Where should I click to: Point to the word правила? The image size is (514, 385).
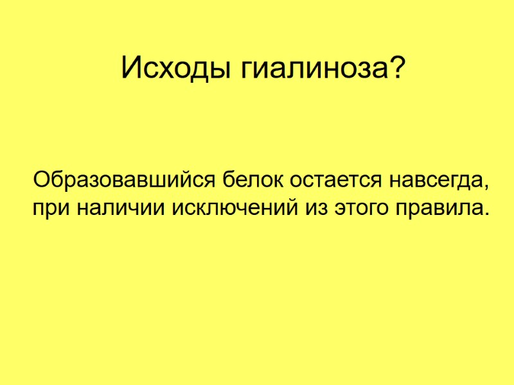click(x=437, y=209)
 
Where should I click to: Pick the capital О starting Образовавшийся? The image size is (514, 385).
click(x=42, y=179)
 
